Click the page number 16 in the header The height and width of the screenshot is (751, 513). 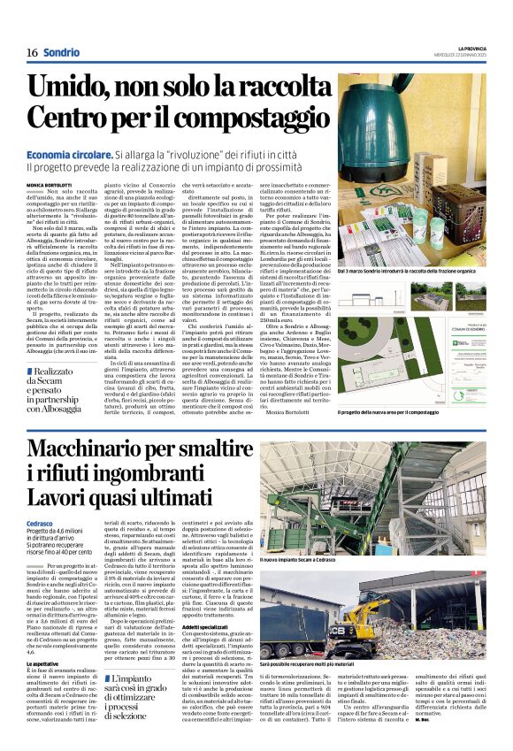coord(32,52)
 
